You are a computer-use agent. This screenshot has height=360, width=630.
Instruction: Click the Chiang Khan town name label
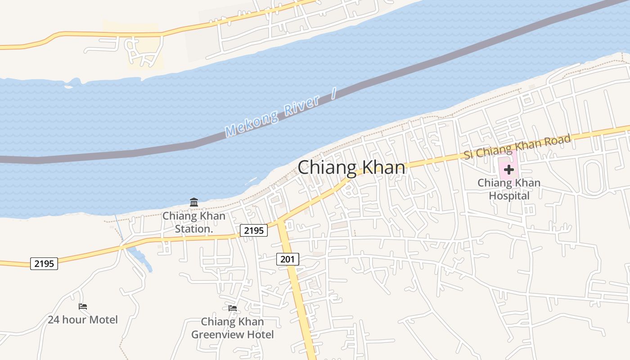pos(351,167)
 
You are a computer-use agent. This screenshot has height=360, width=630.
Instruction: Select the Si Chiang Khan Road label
pos(517,146)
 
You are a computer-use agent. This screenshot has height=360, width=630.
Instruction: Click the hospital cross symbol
pos(509,170)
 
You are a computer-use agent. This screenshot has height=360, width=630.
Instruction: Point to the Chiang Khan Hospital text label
pos(509,189)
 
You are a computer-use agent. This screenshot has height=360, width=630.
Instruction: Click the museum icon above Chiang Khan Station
pos(194,202)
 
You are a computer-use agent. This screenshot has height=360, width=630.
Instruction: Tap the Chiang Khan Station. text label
pos(194,222)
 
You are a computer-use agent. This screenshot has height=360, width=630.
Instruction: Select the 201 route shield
pos(288,259)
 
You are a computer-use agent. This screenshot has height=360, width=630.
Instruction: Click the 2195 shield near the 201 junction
pos(253,230)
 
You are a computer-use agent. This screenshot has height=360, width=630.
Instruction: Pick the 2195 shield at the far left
pos(44,264)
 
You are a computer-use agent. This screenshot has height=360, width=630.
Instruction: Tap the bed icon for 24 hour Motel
pos(83,306)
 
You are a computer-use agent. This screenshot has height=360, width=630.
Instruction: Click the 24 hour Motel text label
pos(83,320)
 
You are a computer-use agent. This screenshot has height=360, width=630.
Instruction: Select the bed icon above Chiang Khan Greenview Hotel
pos(233,308)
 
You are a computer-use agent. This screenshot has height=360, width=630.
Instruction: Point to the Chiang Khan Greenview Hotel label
pos(232,328)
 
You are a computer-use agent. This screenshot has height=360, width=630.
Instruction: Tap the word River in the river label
pos(302,106)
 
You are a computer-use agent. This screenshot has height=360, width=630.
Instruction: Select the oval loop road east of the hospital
pos(593,178)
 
